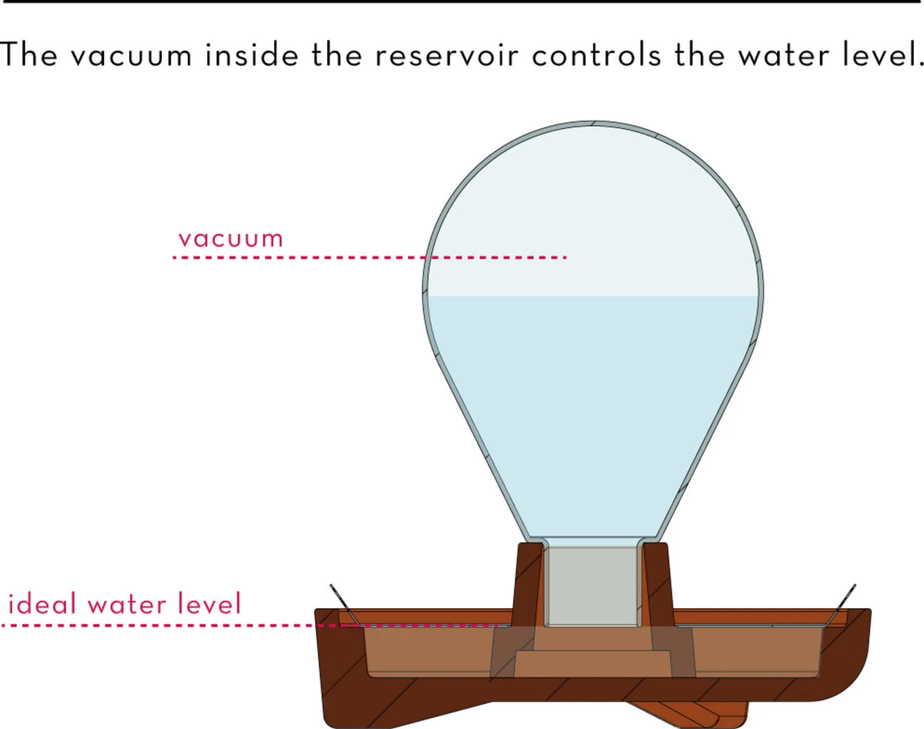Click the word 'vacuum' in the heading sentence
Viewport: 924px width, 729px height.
pyautogui.click(x=131, y=56)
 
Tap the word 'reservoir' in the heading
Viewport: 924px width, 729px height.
pyautogui.click(x=447, y=56)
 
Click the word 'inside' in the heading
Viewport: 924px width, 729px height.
pyautogui.click(x=251, y=56)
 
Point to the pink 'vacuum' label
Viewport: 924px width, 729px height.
pyautogui.click(x=231, y=238)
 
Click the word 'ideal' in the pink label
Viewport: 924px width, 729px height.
pyautogui.click(x=41, y=604)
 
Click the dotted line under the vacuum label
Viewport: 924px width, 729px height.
pyautogui.click(x=299, y=257)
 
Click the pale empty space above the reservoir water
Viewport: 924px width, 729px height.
pyautogui.click(x=591, y=214)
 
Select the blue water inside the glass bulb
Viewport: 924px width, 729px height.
pyautogui.click(x=591, y=399)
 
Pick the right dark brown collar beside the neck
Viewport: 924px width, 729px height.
pyautogui.click(x=657, y=580)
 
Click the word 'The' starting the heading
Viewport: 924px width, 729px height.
pyautogui.click(x=28, y=56)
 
